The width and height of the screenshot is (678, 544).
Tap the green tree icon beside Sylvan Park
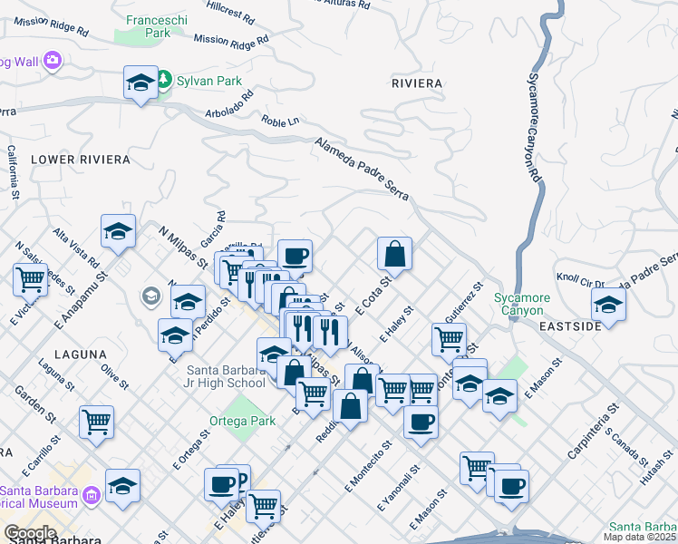(x=165, y=81)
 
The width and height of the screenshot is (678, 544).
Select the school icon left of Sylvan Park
(x=140, y=83)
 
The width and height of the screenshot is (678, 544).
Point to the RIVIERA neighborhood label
(x=416, y=83)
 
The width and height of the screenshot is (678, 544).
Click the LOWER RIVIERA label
(x=81, y=160)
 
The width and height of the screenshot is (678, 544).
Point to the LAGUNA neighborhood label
(x=80, y=355)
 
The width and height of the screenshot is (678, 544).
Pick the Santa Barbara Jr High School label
(x=226, y=376)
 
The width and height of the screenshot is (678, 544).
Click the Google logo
(x=30, y=533)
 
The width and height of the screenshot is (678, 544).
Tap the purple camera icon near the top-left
(x=52, y=61)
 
